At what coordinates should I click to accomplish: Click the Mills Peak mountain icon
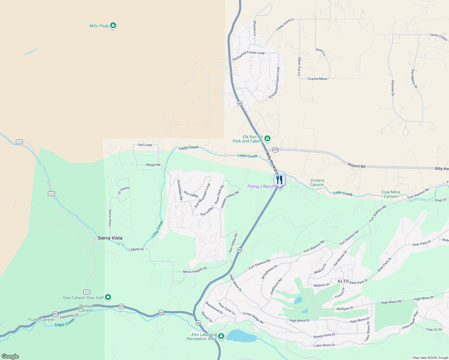tap(113, 25)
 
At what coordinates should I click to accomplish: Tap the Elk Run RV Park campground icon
tap(267, 139)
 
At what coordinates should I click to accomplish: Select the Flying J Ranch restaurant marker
tap(279, 180)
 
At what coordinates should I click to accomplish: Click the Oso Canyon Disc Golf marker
tap(108, 297)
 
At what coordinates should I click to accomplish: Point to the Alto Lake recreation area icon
tap(221, 336)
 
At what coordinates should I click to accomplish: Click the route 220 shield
tap(275, 150)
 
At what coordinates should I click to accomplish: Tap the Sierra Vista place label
tap(110, 238)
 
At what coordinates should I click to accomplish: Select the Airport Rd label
tap(356, 166)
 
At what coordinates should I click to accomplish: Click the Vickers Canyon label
tap(317, 182)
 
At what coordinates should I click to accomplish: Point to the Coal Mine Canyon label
tap(391, 194)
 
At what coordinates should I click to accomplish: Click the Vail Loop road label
tap(145, 145)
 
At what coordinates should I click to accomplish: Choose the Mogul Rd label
tap(153, 165)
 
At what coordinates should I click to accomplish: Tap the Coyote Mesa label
tap(317, 79)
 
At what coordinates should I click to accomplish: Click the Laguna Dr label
tap(136, 249)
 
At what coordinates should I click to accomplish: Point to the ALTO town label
tap(343, 281)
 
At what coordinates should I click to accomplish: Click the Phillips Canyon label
tap(86, 308)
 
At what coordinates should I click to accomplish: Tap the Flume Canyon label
tap(41, 319)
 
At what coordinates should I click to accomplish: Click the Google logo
tap(10, 356)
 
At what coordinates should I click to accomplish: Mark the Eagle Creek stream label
tap(65, 323)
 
